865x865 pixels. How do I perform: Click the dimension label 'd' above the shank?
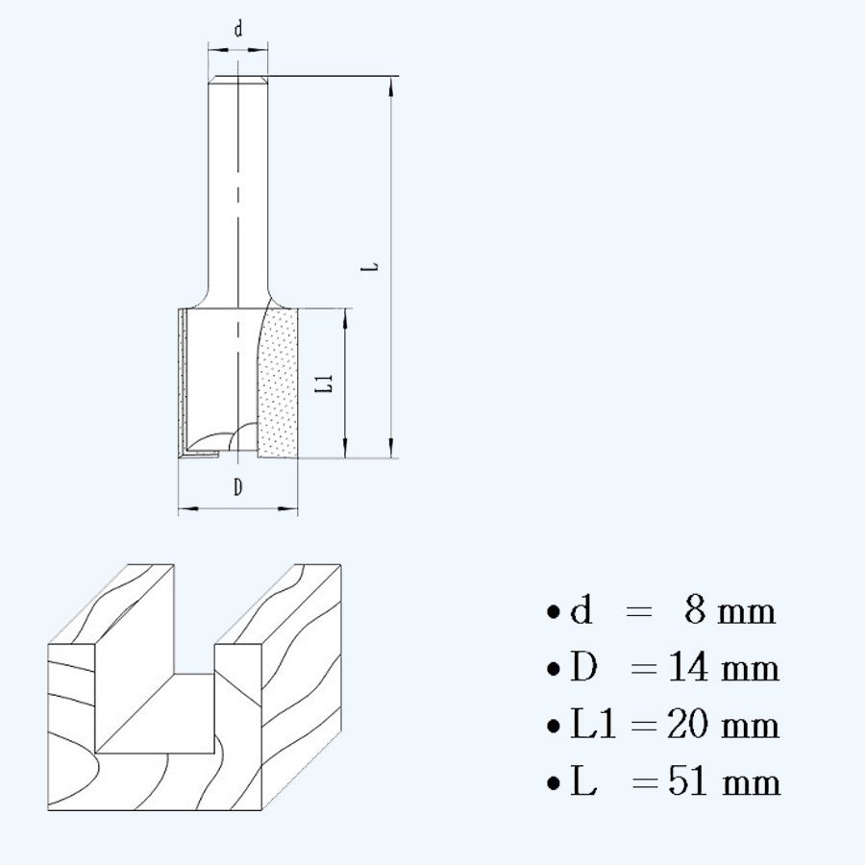238,30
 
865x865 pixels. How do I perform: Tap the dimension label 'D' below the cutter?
237,488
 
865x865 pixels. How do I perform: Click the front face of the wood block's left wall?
72,730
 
